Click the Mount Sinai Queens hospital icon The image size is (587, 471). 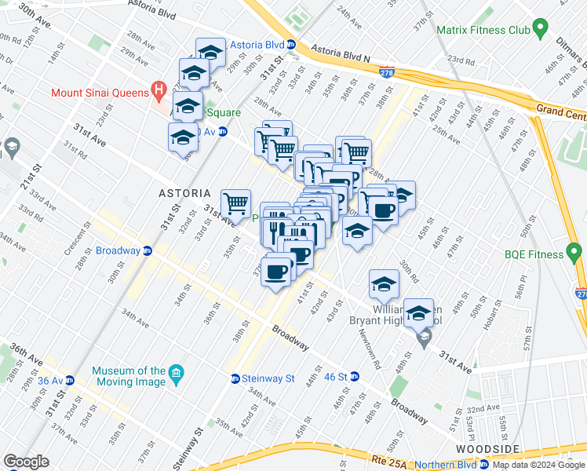click(159, 93)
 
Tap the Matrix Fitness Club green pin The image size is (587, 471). click(540, 31)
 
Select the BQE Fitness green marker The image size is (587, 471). click(575, 254)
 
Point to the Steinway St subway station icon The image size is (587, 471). click(235, 378)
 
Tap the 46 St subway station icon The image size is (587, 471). click(354, 377)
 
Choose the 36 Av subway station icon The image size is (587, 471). click(70, 380)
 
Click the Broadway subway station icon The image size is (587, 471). click(147, 251)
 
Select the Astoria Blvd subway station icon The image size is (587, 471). click(290, 45)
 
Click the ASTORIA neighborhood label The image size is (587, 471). click(184, 193)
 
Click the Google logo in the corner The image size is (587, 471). click(26, 462)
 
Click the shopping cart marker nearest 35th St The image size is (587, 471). click(235, 205)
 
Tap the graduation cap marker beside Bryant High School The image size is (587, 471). click(418, 313)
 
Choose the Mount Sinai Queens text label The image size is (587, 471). click(100, 93)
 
